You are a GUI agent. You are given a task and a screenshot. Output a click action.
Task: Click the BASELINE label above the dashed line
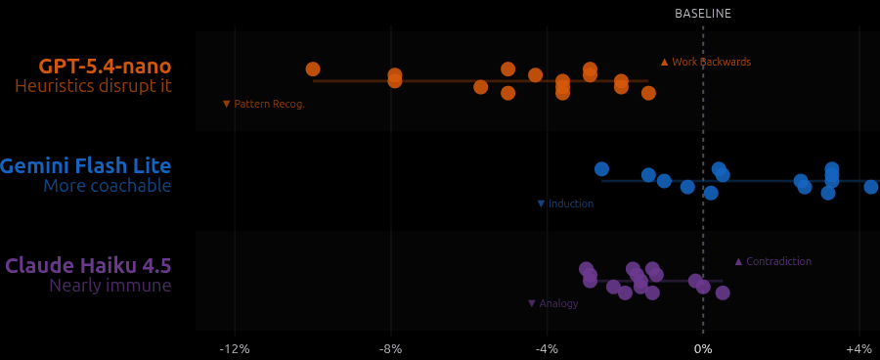click(702, 14)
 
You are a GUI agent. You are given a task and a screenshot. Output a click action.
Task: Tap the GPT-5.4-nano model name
click(105, 67)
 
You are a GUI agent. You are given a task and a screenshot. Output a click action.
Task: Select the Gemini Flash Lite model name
click(86, 166)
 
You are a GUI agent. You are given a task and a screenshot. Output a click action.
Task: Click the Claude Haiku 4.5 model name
click(88, 266)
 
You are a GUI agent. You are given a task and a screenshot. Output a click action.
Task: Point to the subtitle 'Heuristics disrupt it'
click(93, 86)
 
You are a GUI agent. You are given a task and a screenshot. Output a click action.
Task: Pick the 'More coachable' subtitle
click(107, 186)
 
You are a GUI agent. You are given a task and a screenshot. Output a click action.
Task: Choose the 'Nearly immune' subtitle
click(110, 286)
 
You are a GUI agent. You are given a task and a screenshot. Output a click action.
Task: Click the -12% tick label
click(234, 349)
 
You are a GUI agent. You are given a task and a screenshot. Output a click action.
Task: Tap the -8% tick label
click(390, 349)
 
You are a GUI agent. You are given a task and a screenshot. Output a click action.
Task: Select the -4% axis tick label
click(547, 349)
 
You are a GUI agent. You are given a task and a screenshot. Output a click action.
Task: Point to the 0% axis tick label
click(702, 349)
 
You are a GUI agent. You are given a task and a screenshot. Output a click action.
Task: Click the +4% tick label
click(858, 349)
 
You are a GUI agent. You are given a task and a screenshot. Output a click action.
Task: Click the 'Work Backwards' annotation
click(706, 62)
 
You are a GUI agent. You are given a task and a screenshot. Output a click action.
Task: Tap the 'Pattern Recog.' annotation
click(264, 104)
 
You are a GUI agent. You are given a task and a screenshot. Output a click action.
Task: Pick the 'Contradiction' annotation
click(772, 261)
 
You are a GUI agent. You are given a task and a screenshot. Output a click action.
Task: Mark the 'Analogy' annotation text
click(553, 303)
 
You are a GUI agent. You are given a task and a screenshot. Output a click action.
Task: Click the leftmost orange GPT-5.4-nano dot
click(313, 69)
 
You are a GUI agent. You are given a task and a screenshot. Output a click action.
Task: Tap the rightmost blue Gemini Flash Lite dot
click(871, 187)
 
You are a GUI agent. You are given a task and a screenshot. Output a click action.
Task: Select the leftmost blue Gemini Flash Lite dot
click(601, 169)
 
